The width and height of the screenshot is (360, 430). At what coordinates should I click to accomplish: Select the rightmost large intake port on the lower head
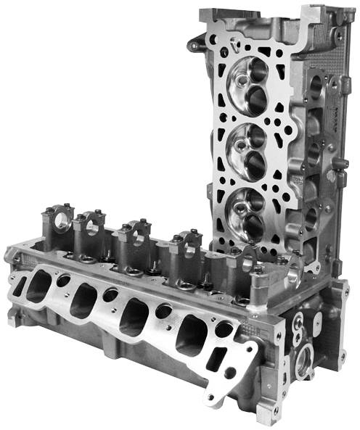[189, 334]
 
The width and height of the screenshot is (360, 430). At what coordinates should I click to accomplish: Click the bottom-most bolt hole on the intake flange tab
[211, 397]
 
